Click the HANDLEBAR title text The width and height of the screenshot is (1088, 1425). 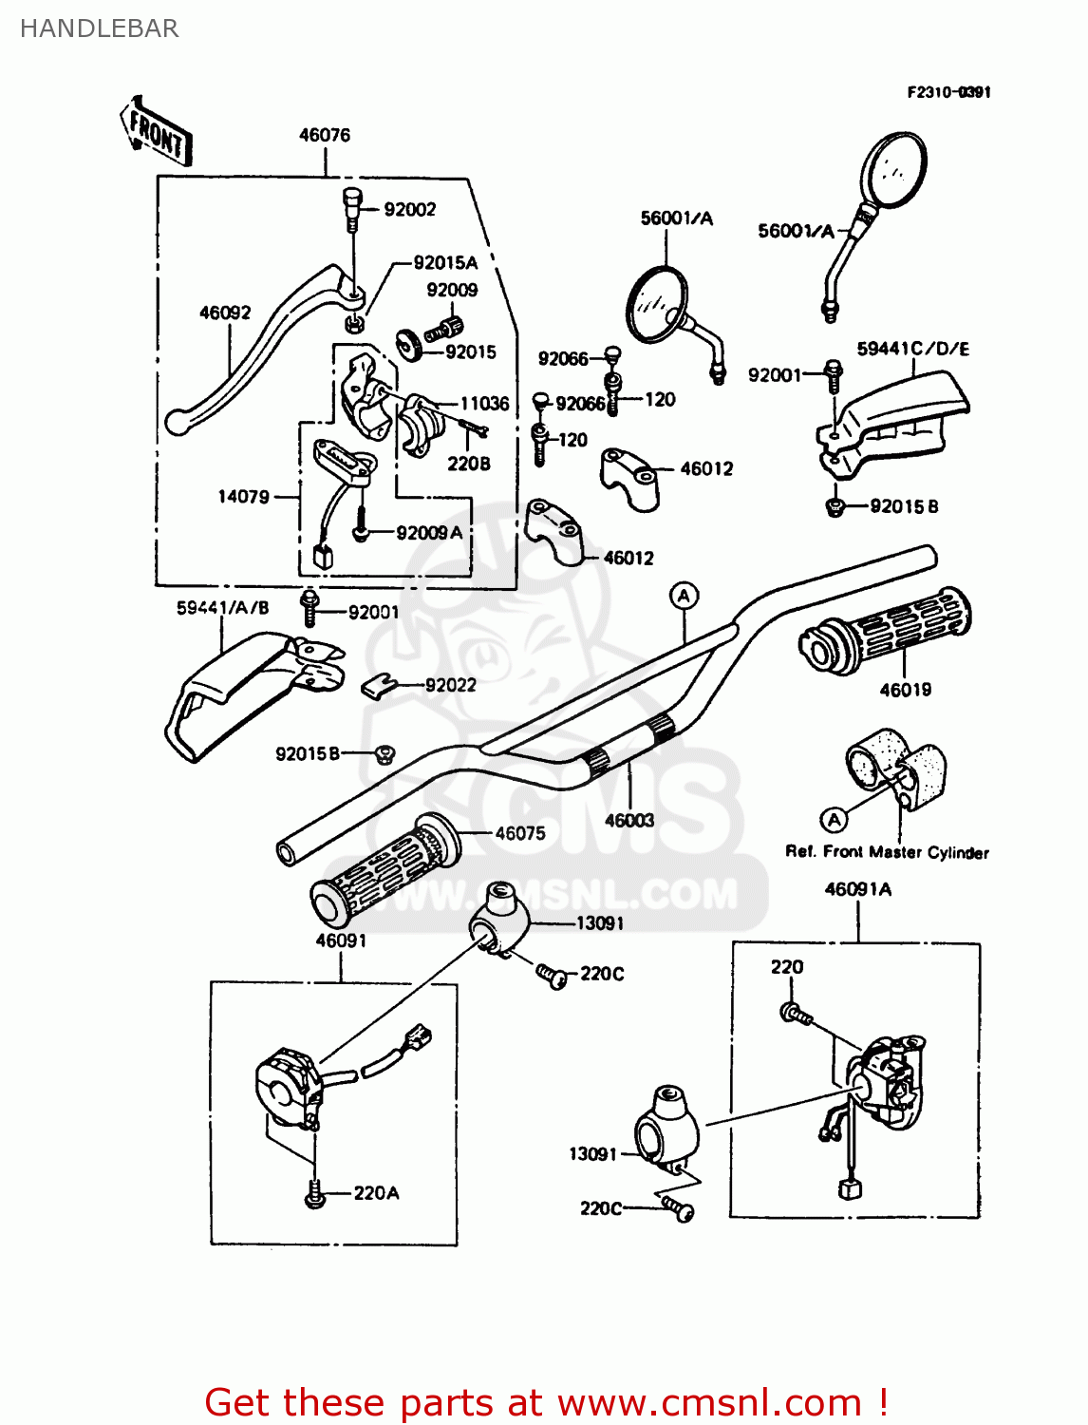[x=99, y=28]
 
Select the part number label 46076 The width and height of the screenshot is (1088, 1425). [x=325, y=135]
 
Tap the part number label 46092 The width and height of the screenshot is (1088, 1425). [x=225, y=313]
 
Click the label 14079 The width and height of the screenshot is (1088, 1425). [x=243, y=496]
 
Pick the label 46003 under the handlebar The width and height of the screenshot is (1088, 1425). [x=629, y=820]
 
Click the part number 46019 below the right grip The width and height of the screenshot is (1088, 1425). [x=905, y=690]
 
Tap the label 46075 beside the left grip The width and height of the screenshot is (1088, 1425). [x=520, y=833]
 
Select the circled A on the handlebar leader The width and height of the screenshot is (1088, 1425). [x=684, y=596]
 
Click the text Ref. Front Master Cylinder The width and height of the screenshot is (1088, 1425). [x=887, y=852]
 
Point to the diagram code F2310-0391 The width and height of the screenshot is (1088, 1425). [x=948, y=92]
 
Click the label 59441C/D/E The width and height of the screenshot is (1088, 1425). [x=912, y=349]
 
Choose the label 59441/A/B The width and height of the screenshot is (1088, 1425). [x=223, y=608]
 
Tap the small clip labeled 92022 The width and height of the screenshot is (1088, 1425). [x=378, y=685]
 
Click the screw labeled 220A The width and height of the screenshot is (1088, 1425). [x=315, y=1195]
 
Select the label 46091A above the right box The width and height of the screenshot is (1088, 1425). [x=858, y=889]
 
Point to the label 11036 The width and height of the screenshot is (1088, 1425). [x=484, y=404]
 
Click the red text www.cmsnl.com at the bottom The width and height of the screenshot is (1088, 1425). [x=709, y=1402]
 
